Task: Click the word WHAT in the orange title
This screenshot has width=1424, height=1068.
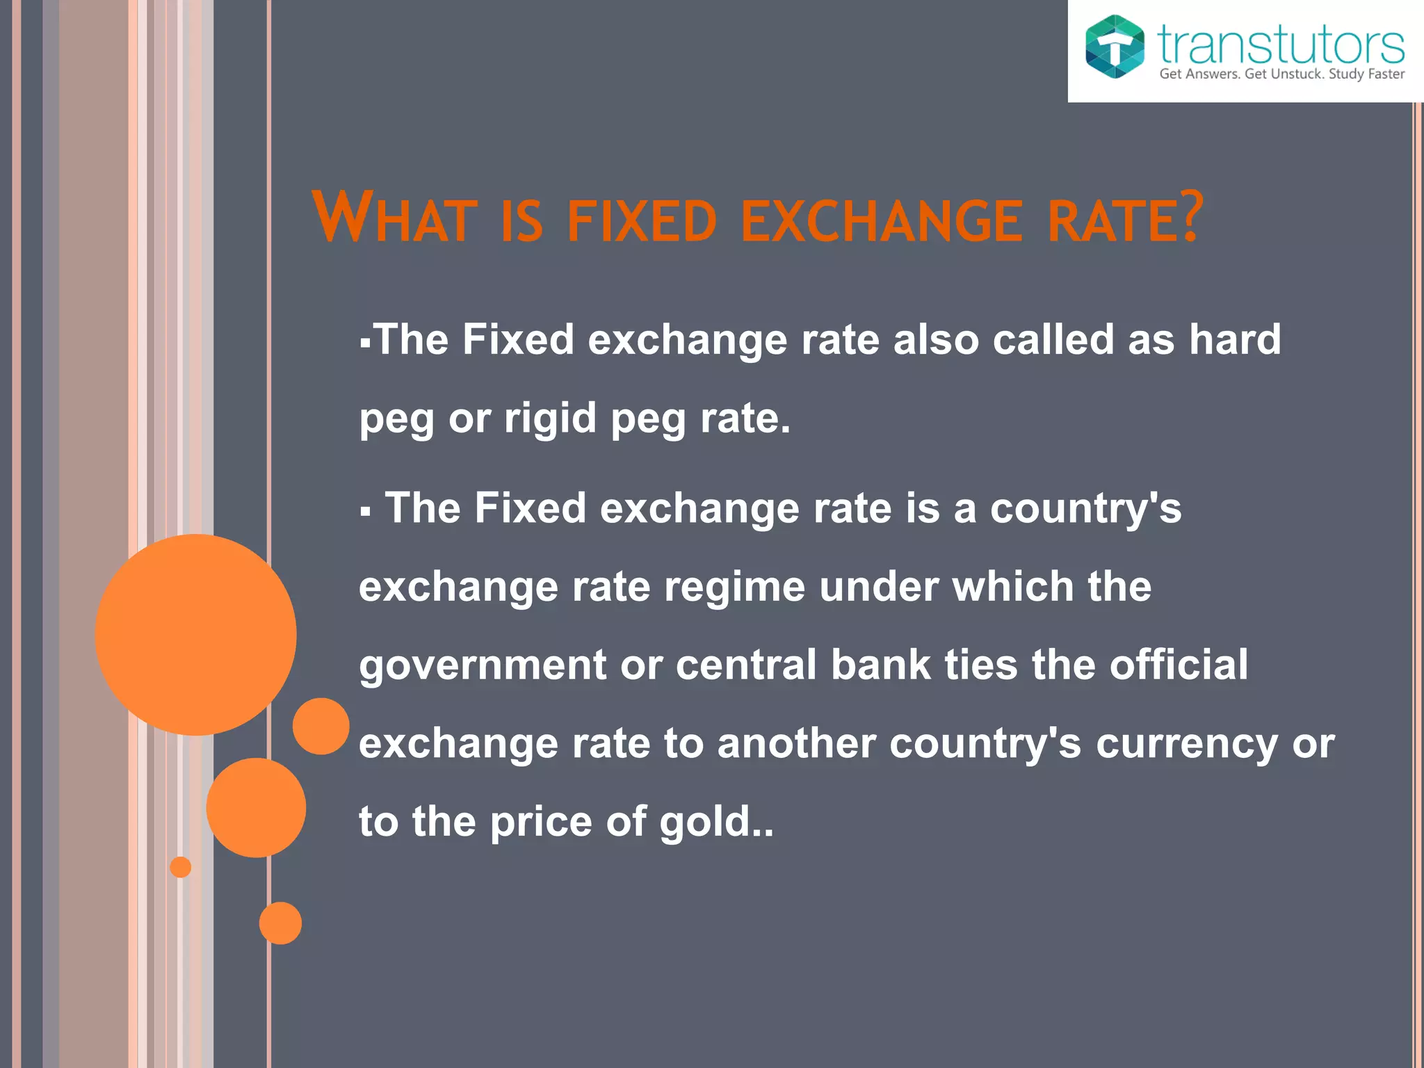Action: tap(394, 218)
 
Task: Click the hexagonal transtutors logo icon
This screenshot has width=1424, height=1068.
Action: tap(1115, 47)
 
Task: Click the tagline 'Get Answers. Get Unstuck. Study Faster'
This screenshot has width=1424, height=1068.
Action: tap(1281, 74)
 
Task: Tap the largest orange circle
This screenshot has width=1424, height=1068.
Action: tap(196, 634)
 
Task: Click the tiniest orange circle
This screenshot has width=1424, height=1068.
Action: tap(181, 867)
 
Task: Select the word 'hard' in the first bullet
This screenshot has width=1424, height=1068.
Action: tap(1234, 339)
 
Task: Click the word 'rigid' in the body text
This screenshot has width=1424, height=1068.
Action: tap(550, 418)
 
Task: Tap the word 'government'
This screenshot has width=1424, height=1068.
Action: tap(483, 665)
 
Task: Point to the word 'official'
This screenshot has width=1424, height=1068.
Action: tap(1179, 664)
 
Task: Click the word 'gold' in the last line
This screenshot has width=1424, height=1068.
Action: tap(704, 822)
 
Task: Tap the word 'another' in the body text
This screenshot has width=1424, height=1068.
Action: tap(796, 743)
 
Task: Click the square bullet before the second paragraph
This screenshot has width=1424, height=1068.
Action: tap(366, 512)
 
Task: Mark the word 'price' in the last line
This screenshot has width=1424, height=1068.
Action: tap(541, 823)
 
